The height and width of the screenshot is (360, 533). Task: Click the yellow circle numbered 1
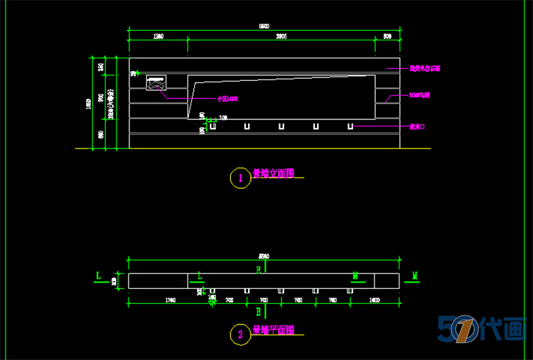[240, 178]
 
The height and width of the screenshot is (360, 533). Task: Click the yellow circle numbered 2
[240, 334]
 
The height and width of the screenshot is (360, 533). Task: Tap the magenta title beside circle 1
[273, 173]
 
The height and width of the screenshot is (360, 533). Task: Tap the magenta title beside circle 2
[273, 330]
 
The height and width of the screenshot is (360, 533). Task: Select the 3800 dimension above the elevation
[281, 36]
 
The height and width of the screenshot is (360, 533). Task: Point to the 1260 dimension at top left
[158, 36]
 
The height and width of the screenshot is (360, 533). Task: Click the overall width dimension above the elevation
[264, 26]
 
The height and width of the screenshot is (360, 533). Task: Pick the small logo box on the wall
[156, 84]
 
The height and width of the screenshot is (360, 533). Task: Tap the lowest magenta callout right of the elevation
[417, 126]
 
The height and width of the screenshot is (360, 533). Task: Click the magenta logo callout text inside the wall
[227, 99]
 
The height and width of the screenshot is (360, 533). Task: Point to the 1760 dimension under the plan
[170, 301]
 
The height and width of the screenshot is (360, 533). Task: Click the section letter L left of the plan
[98, 274]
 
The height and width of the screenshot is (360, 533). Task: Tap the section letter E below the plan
[259, 311]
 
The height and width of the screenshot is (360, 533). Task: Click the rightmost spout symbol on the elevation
[350, 126]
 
